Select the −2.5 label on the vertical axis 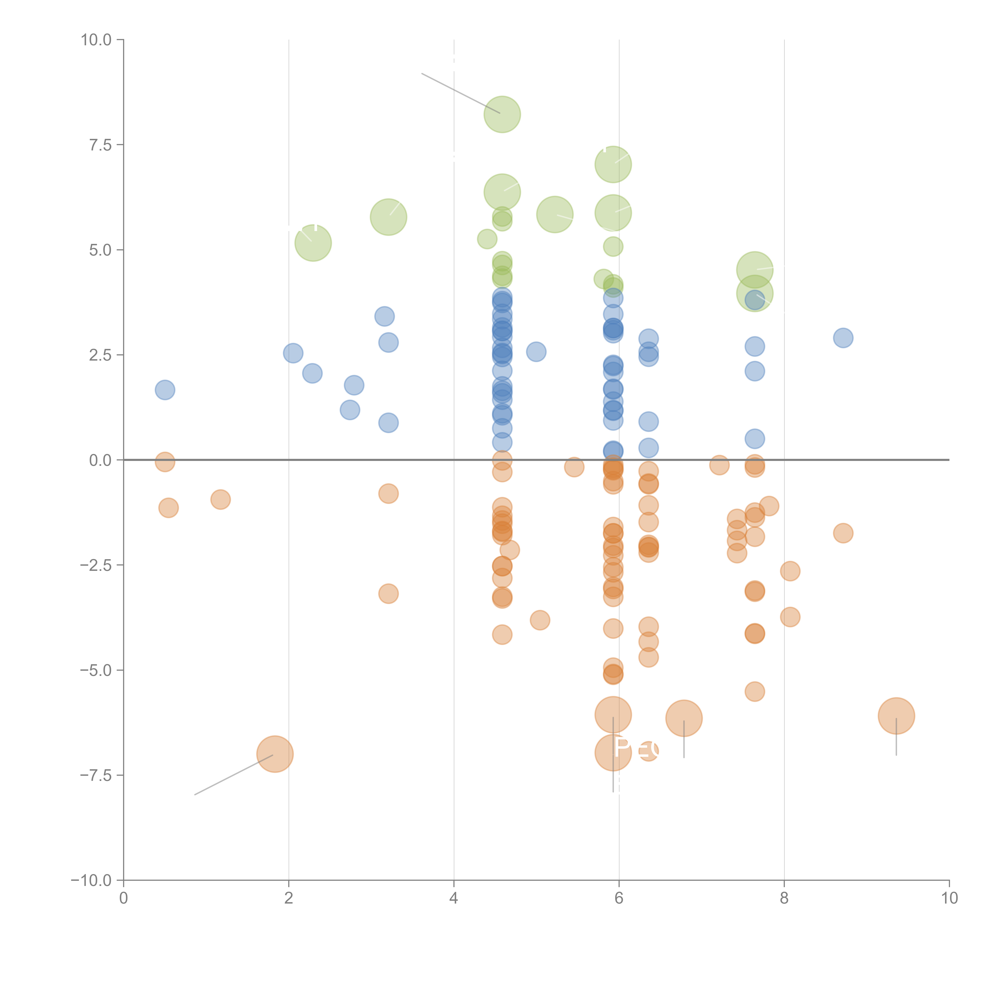[x=96, y=565]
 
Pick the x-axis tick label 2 [x=289, y=898]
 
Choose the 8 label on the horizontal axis [x=784, y=898]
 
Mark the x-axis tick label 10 [x=949, y=898]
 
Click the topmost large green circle [x=502, y=114]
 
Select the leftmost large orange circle [x=275, y=754]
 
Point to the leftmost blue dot [x=165, y=390]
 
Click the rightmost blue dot [x=843, y=338]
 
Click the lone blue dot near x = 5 [x=536, y=352]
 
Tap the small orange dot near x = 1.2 [x=220, y=499]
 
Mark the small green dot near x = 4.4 [x=487, y=239]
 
